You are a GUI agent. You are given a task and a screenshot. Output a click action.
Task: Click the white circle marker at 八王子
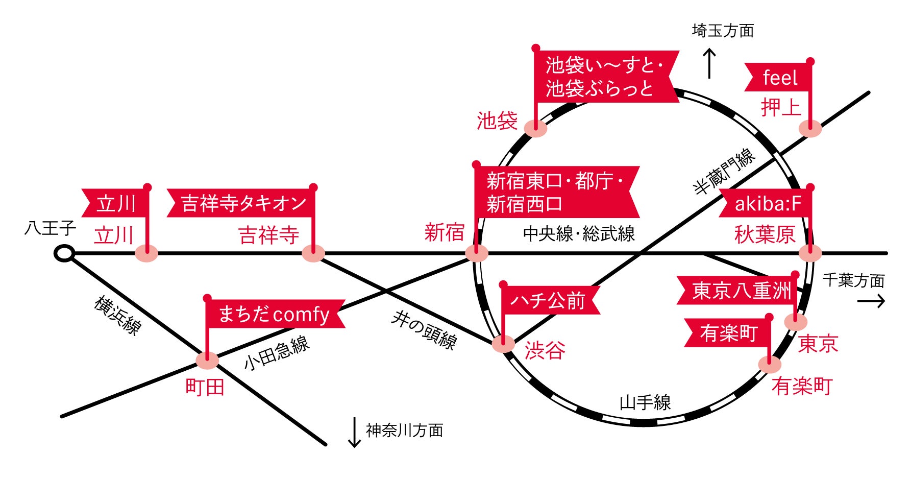point(64,253)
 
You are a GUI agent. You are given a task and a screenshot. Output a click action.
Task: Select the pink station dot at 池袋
point(536,128)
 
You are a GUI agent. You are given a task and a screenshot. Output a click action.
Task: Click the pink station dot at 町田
point(207,361)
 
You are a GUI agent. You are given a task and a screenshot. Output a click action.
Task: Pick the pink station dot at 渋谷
point(504,344)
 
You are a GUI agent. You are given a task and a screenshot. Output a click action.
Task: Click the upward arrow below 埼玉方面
point(709,63)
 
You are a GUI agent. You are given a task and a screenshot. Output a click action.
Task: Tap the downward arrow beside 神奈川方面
point(354,432)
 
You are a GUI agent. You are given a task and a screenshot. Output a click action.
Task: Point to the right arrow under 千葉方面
point(871,301)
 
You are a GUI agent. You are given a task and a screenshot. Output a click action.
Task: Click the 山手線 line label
point(645,402)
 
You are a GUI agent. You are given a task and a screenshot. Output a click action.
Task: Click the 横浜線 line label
point(117,316)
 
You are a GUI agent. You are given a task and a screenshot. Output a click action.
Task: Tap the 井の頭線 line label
point(424,331)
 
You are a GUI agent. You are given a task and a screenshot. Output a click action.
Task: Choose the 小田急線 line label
point(277,353)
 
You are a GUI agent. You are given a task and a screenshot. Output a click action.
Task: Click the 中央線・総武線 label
point(579,234)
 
